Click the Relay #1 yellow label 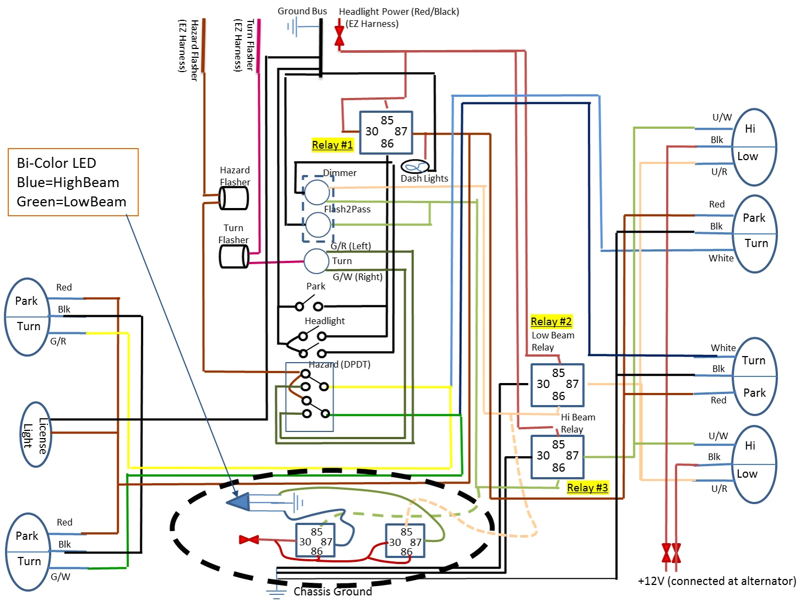pos(332,145)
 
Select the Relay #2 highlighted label pos(551,321)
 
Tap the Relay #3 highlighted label pos(587,488)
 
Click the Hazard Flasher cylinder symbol pos(234,198)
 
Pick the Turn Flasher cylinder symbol pos(234,256)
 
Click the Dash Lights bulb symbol pos(415,166)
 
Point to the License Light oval pos(36,435)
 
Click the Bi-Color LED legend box pos(73,182)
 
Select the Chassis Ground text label pos(333,592)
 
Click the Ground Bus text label pos(302,11)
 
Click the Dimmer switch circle pos(317,192)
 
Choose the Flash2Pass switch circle pos(318,225)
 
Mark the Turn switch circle pos(317,261)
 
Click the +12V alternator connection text pos(717,581)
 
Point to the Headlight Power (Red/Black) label pos(399,12)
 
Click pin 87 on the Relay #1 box pos(401,132)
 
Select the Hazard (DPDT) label pos(339,364)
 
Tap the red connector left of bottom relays pos(249,539)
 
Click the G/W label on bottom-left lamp pos(61,577)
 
